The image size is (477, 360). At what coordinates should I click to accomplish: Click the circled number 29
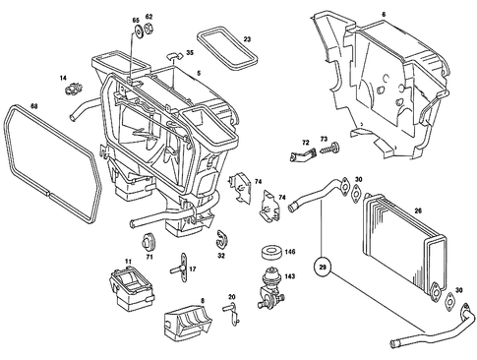pos(322,265)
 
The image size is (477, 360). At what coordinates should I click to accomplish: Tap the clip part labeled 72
pos(302,152)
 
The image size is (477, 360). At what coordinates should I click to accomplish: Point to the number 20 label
pos(232,297)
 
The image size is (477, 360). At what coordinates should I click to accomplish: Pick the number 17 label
pos(193,270)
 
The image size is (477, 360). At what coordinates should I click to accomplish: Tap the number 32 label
pos(222,255)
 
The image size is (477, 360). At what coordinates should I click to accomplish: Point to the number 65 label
pos(136,20)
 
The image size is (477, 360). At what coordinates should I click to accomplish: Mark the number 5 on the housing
pos(198,74)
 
